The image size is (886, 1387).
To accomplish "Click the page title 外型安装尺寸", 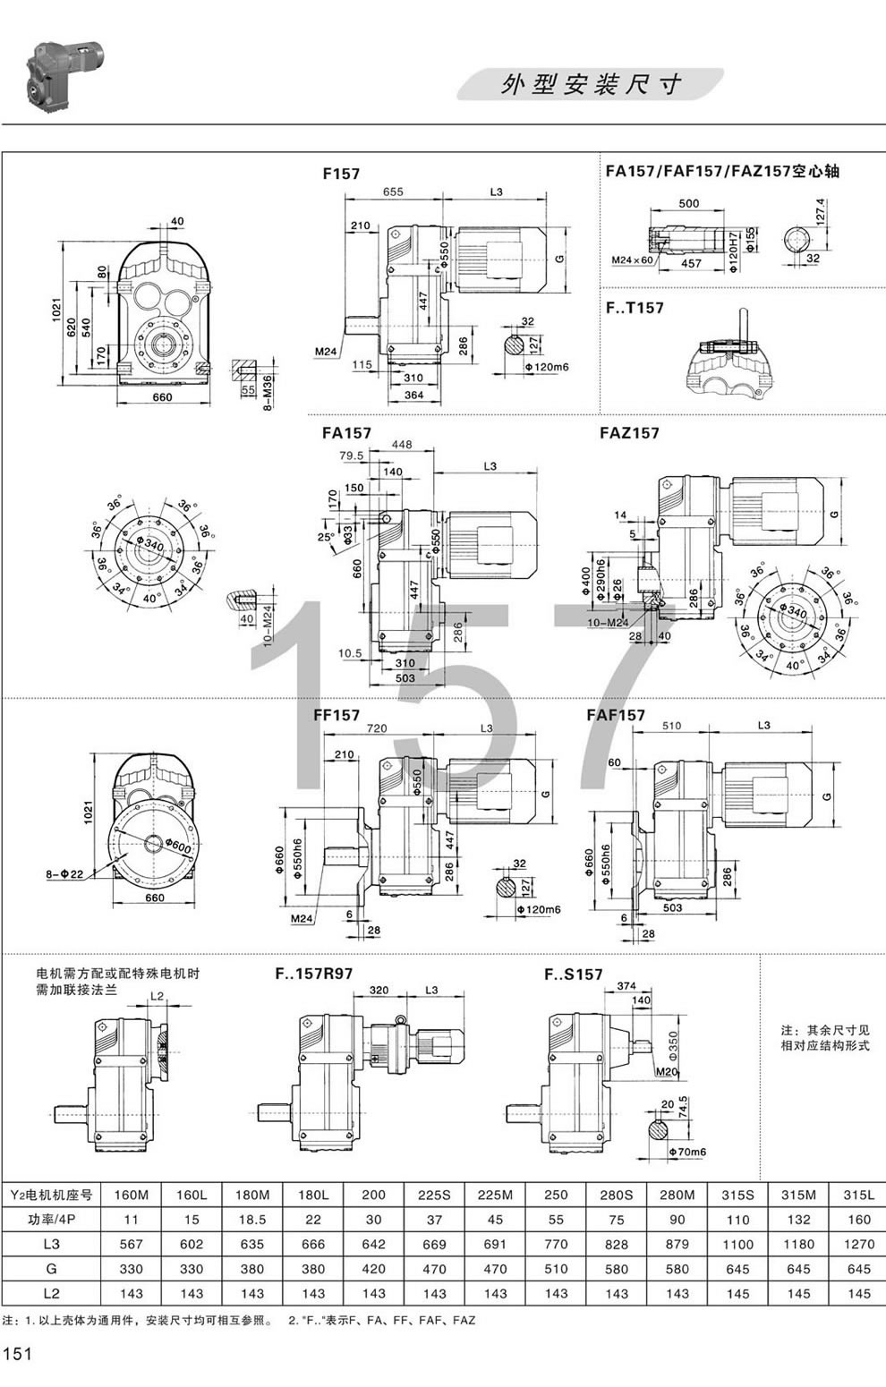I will click(x=592, y=84).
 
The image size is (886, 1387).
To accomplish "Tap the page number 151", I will click(x=18, y=1354).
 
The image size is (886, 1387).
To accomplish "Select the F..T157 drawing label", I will click(x=635, y=308).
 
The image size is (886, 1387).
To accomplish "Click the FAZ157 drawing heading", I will click(x=628, y=433).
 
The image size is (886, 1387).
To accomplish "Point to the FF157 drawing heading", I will click(x=337, y=715).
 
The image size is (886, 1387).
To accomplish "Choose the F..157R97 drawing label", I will click(x=313, y=974).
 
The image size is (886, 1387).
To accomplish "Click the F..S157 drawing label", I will click(x=574, y=974).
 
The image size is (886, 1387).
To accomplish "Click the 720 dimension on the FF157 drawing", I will click(x=377, y=728).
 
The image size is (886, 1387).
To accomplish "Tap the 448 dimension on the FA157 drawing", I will click(x=402, y=445).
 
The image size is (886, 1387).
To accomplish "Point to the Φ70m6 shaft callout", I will click(x=687, y=1152).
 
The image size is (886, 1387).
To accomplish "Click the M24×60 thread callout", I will click(x=633, y=260).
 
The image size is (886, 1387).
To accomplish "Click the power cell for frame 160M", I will click(x=131, y=1219).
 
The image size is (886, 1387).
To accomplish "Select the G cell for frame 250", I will click(x=556, y=1268).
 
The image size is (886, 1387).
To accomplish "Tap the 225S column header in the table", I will click(x=434, y=1195).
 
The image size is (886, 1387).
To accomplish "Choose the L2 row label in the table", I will click(x=51, y=1293).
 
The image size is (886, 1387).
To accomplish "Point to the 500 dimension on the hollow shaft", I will click(x=688, y=203).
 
